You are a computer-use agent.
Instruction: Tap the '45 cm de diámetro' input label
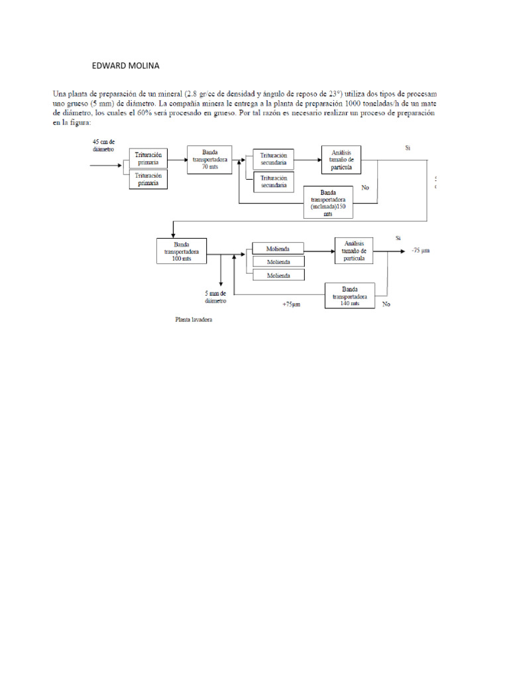[104, 145]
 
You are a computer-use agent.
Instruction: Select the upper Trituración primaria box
[148, 158]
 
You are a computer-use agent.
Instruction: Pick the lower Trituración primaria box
[148, 180]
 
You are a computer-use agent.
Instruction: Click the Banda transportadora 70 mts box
[209, 159]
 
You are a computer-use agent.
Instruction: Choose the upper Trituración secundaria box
[274, 159]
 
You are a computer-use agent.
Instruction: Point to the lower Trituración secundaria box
[274, 182]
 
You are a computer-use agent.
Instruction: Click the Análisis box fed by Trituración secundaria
[341, 160]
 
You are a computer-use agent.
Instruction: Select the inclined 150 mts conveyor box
[329, 202]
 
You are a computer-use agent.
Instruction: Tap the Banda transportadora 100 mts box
[181, 251]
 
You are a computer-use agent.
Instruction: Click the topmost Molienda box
[278, 249]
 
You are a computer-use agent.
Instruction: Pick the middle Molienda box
[278, 262]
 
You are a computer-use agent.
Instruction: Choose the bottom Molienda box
[278, 275]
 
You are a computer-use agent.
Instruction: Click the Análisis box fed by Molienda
[355, 251]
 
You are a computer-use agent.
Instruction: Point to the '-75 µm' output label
[420, 251]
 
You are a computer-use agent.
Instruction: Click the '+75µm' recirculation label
[292, 305]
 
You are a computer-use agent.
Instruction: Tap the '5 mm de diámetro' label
[216, 296]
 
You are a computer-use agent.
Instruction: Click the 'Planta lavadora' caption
[194, 320]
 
